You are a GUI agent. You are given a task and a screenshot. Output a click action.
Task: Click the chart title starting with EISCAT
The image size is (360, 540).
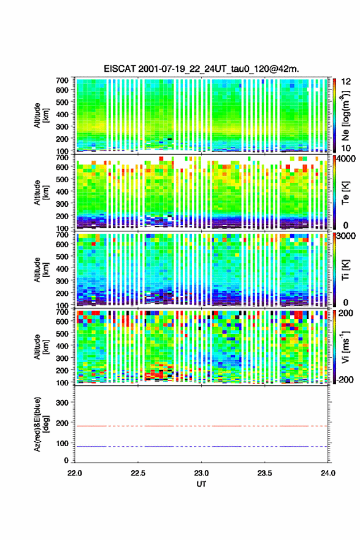coord(201,69)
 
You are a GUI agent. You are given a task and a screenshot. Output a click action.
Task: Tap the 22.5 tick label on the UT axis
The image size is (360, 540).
coord(137,473)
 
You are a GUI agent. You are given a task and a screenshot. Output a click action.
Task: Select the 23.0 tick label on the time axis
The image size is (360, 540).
coord(201,473)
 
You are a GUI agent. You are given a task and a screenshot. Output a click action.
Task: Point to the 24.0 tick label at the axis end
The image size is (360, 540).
coord(328,473)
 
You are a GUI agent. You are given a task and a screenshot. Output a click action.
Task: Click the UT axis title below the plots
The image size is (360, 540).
coord(201,484)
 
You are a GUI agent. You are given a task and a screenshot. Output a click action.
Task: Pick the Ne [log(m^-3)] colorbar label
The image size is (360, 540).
coord(345,116)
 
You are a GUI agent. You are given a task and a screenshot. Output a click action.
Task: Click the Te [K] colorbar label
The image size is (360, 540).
coord(345,193)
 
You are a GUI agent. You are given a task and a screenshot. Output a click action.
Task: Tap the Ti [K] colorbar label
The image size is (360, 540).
coord(345,270)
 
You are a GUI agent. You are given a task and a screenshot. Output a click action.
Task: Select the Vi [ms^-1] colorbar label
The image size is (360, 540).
coord(345,347)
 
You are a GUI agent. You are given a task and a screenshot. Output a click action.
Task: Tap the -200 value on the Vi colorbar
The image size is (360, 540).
coord(344,379)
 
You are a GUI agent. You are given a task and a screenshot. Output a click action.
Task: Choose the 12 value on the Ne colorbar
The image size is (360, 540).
coord(346,82)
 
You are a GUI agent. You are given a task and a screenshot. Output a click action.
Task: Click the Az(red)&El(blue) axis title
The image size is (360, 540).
coord(41,425)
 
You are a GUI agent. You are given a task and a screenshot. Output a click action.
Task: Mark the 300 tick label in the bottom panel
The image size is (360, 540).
coord(63,403)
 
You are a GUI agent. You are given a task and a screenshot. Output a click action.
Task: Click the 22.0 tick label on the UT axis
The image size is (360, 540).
coord(75,473)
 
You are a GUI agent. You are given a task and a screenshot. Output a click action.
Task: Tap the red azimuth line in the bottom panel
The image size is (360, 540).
coord(201,426)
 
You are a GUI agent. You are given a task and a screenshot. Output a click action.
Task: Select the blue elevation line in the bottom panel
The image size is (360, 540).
coord(201,446)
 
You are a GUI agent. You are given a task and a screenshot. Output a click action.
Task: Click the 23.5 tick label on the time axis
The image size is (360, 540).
coord(264,473)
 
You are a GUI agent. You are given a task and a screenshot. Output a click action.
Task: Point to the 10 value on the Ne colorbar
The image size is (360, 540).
coord(346,148)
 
